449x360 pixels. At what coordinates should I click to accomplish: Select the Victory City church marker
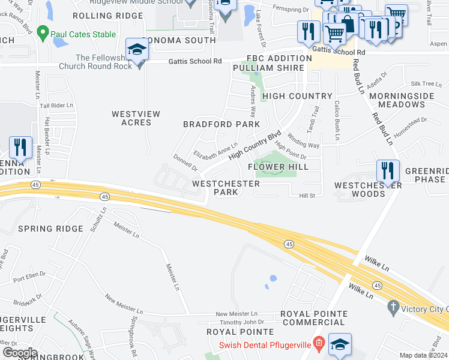(x=393, y=307)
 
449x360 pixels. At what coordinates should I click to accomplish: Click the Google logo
(x=20, y=352)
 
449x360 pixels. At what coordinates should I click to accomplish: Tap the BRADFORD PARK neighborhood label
(x=221, y=124)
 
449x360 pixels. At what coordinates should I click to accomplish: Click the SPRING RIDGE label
(x=50, y=229)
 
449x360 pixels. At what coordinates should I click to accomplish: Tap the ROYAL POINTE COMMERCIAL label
(x=314, y=318)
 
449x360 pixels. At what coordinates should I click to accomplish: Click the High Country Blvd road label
(x=255, y=146)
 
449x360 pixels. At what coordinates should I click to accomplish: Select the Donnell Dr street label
(x=185, y=162)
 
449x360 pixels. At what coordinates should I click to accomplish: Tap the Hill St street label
(x=307, y=196)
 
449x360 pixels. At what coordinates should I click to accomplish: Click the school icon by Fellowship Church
(x=137, y=50)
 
